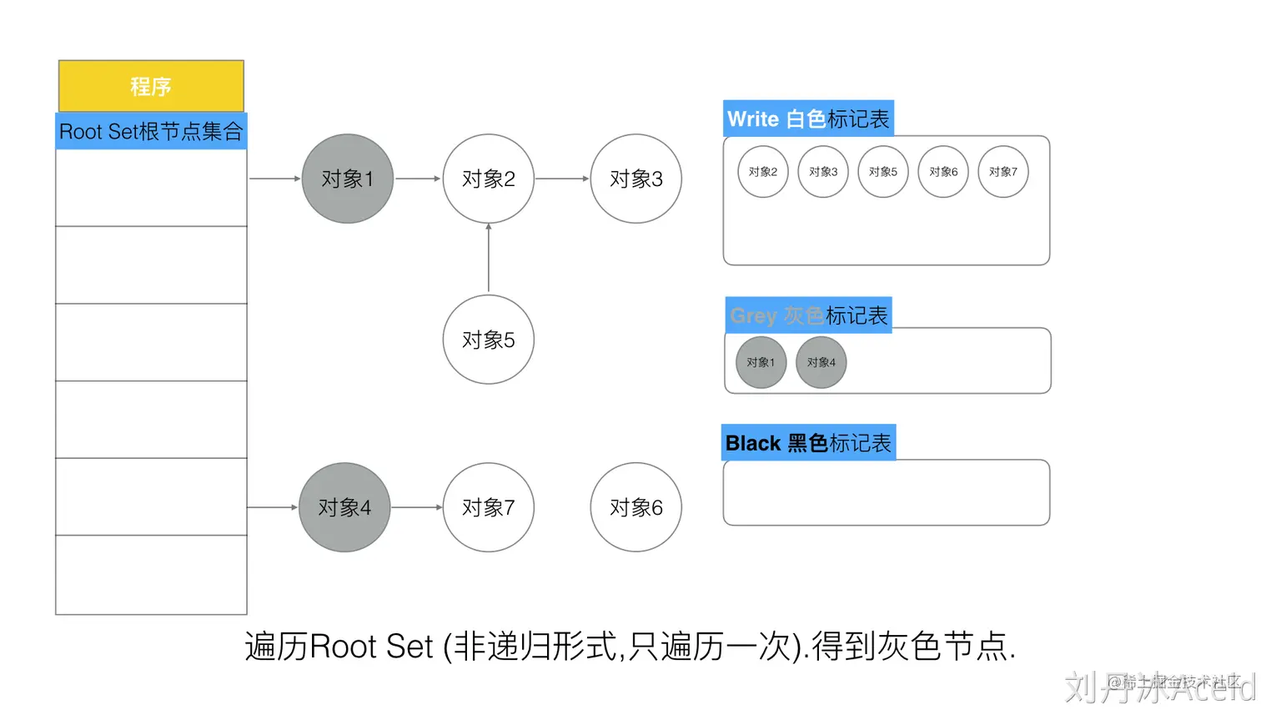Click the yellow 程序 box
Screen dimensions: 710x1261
(x=151, y=86)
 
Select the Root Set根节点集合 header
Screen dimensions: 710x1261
(x=151, y=132)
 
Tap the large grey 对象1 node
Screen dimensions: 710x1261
(x=347, y=179)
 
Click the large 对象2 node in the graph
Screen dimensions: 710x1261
(x=488, y=179)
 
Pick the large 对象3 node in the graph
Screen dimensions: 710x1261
(x=636, y=179)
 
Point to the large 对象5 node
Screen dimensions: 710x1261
(x=488, y=340)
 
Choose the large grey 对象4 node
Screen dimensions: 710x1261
(x=344, y=507)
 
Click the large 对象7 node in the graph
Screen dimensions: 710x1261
(x=488, y=507)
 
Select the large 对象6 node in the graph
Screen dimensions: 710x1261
(x=636, y=507)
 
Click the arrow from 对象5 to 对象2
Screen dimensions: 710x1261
(x=489, y=259)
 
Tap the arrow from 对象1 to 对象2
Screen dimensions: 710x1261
(x=418, y=179)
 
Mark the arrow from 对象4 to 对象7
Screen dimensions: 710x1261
(x=416, y=507)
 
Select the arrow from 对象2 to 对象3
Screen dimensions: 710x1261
(x=562, y=179)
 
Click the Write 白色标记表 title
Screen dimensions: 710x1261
(x=808, y=119)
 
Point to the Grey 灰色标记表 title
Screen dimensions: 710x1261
(x=808, y=315)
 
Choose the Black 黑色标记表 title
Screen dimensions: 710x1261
(x=808, y=443)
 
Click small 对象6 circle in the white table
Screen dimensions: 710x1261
(x=943, y=172)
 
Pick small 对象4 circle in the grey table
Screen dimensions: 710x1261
(x=821, y=362)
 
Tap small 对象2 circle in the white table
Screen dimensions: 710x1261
(x=762, y=172)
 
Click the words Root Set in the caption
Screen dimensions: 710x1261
(x=372, y=647)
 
